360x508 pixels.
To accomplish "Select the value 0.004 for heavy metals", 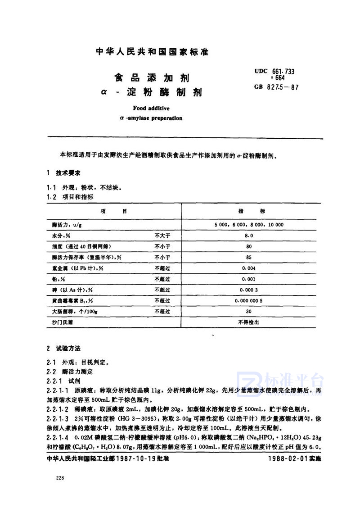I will click(248, 268).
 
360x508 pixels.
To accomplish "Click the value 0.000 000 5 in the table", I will click(248, 300).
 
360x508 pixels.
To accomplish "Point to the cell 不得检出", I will click(248, 322).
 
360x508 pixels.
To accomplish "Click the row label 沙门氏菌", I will click(62, 322).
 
